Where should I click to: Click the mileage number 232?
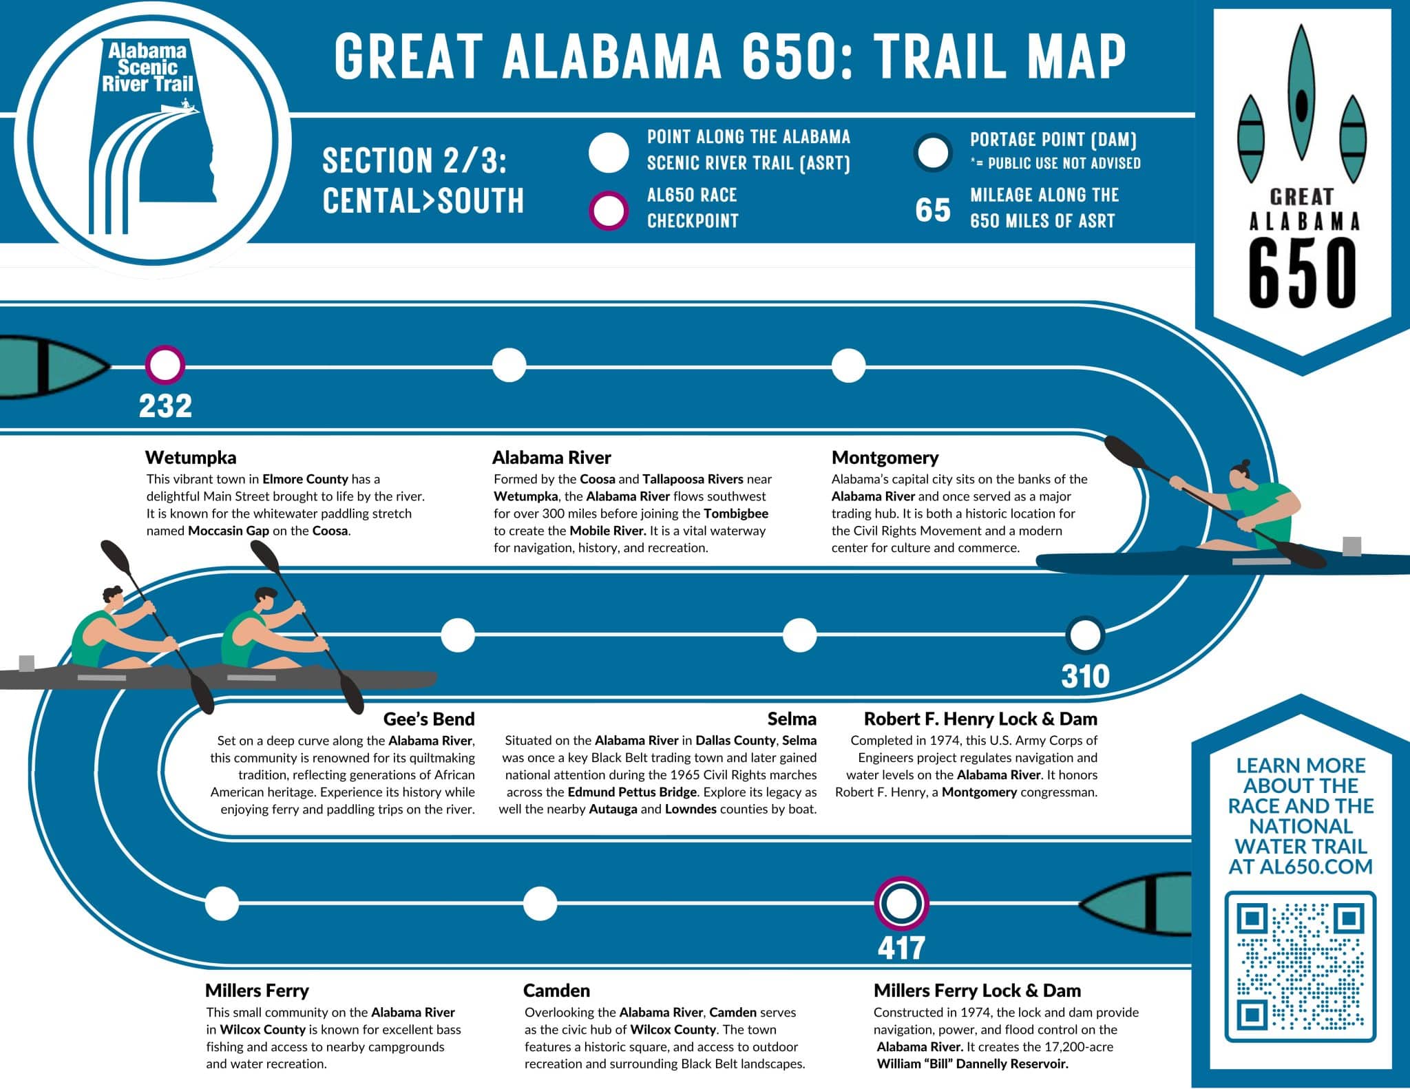pos(165,405)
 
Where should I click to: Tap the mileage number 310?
pos(1085,676)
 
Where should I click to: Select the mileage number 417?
pos(901,948)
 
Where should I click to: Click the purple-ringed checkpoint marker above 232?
pos(165,365)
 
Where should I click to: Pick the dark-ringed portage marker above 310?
pos(1085,635)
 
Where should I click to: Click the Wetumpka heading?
pos(191,458)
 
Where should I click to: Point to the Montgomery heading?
pos(885,458)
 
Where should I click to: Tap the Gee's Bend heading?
pos(429,719)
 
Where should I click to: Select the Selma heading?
pos(792,719)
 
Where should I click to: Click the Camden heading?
pos(556,991)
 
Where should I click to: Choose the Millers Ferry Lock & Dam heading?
pos(977,991)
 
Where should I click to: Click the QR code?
pos(1301,966)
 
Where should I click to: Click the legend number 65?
pos(933,210)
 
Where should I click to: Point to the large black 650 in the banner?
pos(1301,273)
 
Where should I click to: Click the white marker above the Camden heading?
pos(540,903)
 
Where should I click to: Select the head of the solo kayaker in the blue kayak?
pos(1240,474)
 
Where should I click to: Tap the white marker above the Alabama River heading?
pos(509,365)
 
